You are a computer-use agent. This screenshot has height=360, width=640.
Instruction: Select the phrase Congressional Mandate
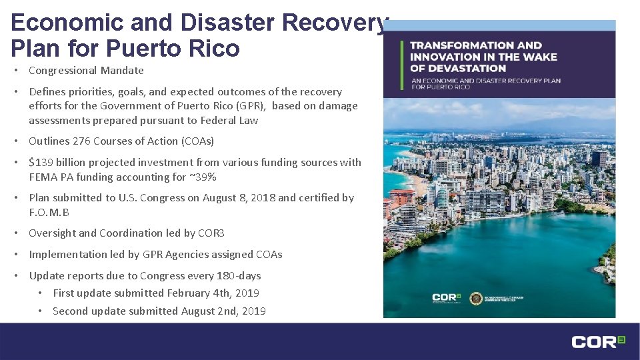pos(87,70)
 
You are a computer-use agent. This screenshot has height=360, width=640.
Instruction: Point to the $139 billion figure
pos(58,162)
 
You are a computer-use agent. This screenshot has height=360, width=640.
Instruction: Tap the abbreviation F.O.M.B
pos(49,212)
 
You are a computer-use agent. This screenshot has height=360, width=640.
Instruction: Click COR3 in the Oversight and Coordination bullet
pos(212,233)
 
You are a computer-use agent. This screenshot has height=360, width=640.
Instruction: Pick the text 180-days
pos(239,275)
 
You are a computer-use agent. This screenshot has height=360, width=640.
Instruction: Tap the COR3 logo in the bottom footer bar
pos(597,341)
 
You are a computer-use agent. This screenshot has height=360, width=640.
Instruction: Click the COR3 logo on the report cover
pos(445,297)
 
